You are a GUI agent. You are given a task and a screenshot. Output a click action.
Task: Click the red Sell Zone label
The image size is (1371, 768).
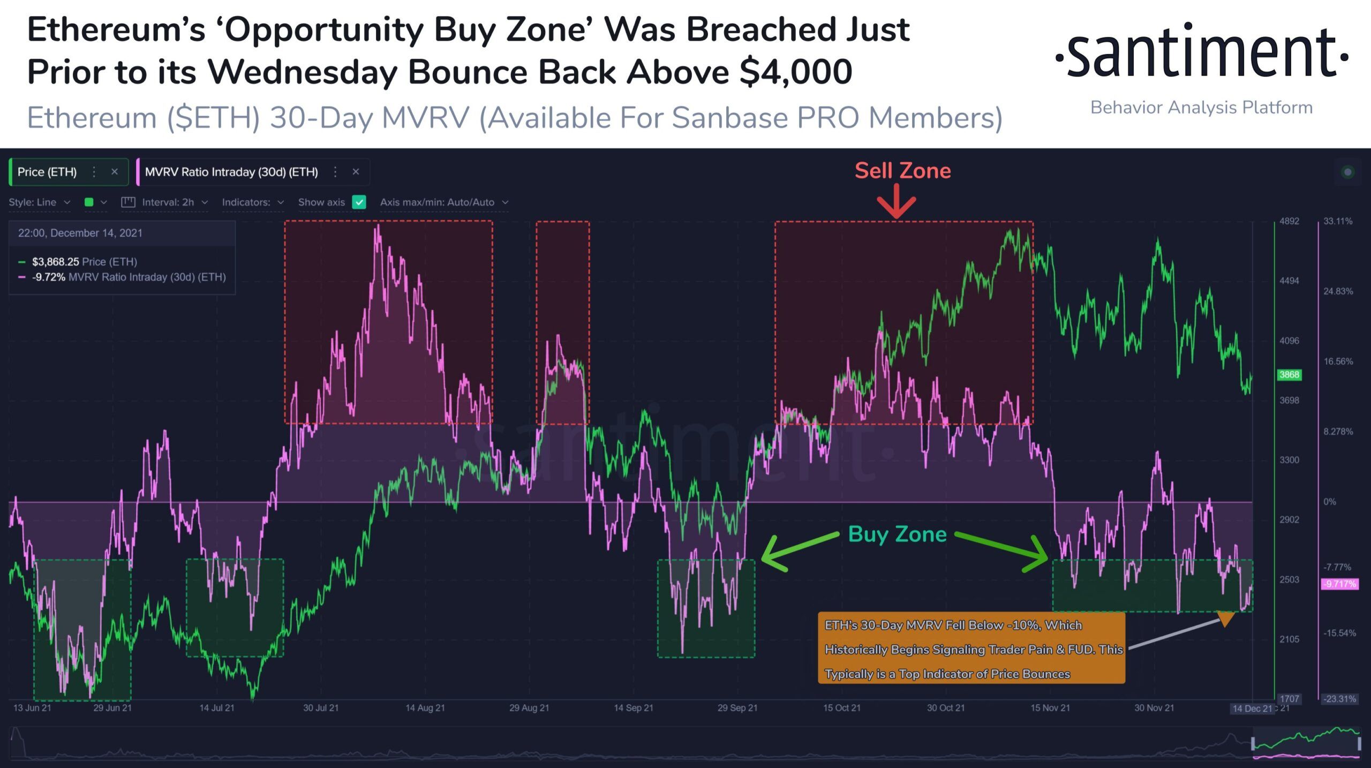[902, 171]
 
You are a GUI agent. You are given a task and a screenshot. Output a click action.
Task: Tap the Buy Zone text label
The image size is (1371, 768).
[897, 534]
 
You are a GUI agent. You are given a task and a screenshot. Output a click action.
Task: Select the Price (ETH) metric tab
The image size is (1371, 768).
[47, 172]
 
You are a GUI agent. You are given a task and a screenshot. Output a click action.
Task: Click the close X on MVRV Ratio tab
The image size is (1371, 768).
[356, 172]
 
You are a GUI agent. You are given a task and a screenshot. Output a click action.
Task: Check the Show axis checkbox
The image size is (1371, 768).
[359, 202]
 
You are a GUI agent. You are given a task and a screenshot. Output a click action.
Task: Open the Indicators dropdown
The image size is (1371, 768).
[252, 202]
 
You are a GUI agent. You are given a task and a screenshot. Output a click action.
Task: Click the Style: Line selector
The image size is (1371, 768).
[39, 202]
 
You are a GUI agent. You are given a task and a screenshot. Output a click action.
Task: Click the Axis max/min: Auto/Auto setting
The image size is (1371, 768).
[443, 202]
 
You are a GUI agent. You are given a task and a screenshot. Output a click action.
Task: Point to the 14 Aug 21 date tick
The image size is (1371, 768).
[425, 708]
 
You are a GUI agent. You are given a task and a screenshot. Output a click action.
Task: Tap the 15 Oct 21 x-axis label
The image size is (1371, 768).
[841, 708]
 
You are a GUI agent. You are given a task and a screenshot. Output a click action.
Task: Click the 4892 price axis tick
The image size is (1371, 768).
[1289, 221]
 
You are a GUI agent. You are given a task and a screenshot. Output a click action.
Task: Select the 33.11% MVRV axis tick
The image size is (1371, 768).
[1338, 221]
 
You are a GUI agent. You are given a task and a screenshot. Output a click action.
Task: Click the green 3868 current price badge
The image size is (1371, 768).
[1289, 375]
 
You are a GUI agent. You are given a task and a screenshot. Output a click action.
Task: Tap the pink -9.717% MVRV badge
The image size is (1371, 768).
[1339, 584]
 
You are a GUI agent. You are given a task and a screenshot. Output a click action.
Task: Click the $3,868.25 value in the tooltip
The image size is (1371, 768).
[55, 262]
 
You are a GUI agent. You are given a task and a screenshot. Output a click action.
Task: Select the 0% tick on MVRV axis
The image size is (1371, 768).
[1330, 502]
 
